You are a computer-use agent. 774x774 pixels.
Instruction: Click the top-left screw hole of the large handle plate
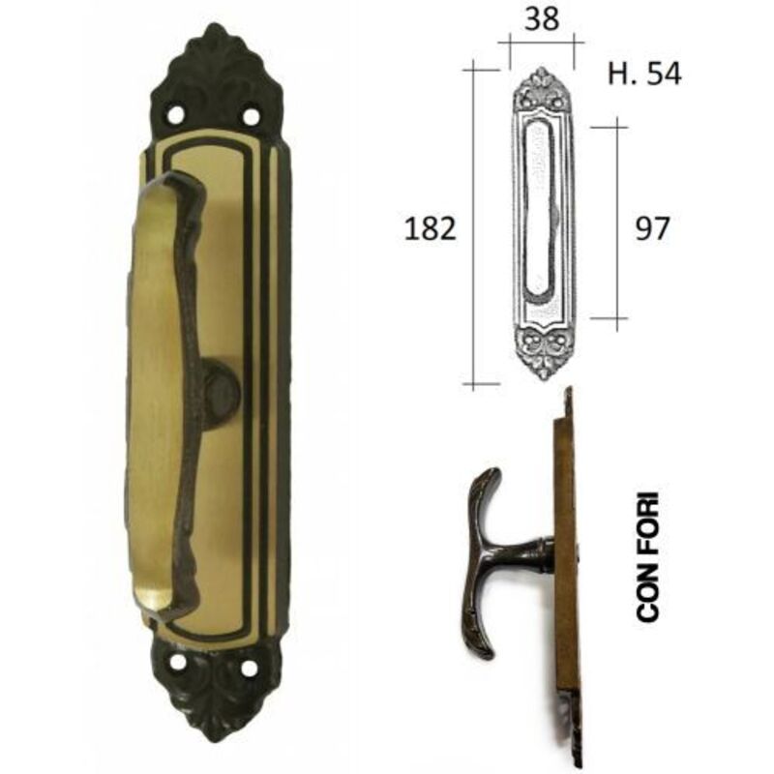(175, 115)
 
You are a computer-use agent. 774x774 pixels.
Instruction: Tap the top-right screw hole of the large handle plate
(252, 117)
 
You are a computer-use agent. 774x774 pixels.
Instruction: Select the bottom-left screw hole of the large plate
(178, 662)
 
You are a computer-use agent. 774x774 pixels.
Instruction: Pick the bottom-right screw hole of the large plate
(250, 669)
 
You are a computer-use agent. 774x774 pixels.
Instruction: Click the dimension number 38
(542, 19)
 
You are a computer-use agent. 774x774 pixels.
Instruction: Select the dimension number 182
(430, 229)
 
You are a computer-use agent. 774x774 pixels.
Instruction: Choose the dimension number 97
(652, 229)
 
